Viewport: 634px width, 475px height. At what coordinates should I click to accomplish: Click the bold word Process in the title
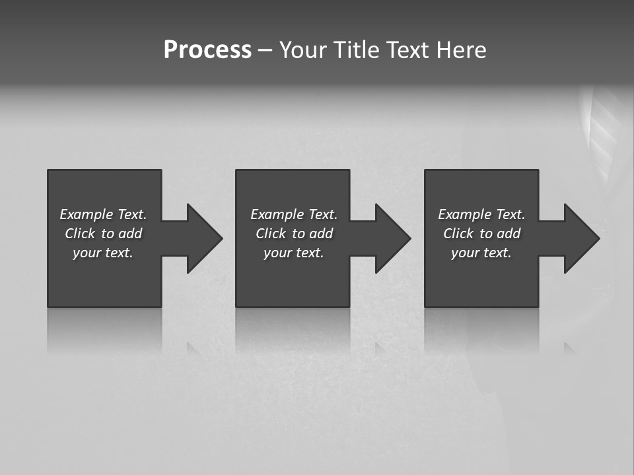pyautogui.click(x=207, y=50)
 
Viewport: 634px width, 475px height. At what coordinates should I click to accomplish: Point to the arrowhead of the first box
pyautogui.click(x=204, y=238)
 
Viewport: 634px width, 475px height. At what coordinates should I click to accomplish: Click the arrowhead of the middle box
pyautogui.click(x=392, y=238)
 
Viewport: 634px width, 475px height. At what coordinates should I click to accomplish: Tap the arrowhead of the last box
pyautogui.click(x=581, y=238)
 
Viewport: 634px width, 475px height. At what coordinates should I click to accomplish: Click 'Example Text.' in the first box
pyautogui.click(x=103, y=214)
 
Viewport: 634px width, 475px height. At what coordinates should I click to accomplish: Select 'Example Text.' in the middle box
pyautogui.click(x=294, y=214)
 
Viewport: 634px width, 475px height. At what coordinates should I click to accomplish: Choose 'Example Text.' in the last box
pyautogui.click(x=481, y=214)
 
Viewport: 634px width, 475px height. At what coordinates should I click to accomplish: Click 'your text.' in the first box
pyautogui.click(x=103, y=253)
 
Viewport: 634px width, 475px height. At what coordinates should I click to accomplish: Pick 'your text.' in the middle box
pyautogui.click(x=294, y=253)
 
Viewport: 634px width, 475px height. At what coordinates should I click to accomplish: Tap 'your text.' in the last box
pyautogui.click(x=481, y=253)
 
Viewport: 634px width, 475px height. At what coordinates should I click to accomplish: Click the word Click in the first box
pyautogui.click(x=80, y=234)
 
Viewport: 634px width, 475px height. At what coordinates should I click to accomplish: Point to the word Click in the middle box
pyautogui.click(x=271, y=234)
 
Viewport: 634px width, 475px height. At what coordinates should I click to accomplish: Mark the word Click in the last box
pyautogui.click(x=458, y=234)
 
